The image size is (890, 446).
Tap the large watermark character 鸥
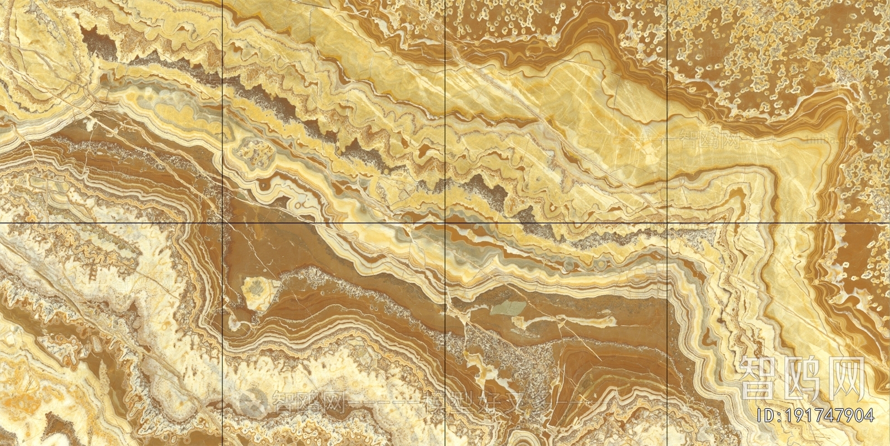pyautogui.click(x=804, y=378)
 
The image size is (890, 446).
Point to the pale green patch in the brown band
pyautogui.click(x=510, y=309)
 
